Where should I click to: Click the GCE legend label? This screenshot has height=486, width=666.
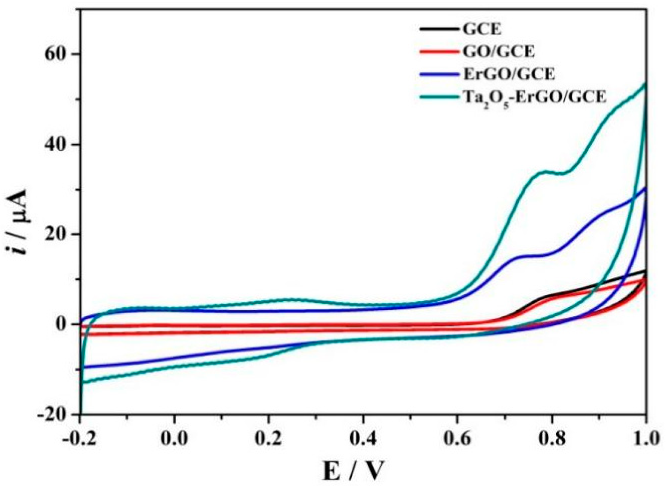(x=482, y=30)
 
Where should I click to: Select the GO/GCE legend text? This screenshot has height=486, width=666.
(x=499, y=52)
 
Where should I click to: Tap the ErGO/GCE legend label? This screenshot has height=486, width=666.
(x=509, y=74)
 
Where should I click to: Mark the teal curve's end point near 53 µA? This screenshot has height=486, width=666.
(x=645, y=83)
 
